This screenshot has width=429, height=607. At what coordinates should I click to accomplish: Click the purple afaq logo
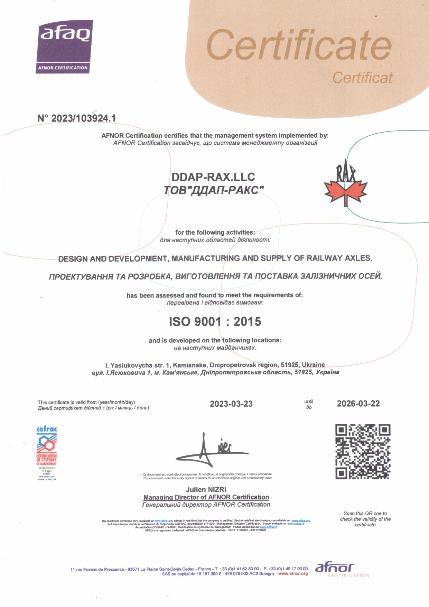coord(65,46)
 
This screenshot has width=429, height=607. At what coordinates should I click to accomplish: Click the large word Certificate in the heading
coord(299,45)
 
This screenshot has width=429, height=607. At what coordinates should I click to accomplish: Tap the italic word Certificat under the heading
coord(362,78)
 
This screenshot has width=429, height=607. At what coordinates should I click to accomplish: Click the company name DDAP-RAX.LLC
coord(213,177)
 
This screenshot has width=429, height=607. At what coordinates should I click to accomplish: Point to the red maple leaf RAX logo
coord(345,187)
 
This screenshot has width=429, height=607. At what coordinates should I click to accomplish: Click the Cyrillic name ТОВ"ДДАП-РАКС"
coord(214,190)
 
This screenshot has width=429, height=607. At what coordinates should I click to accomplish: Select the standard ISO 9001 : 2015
coord(215,321)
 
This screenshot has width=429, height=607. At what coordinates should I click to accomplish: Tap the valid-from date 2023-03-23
coord(231,404)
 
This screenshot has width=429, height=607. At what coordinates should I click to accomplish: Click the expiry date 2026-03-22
coord(358,404)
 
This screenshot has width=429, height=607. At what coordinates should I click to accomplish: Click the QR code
coord(363,451)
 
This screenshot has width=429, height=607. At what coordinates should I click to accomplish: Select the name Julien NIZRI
coord(206,490)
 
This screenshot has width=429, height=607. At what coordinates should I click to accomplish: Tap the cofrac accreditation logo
coord(47,453)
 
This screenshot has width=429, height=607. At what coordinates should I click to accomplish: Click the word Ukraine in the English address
coord(313,365)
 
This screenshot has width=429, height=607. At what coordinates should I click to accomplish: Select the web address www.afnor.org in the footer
coord(293,573)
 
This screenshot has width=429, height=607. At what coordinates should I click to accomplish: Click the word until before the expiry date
coord(309,401)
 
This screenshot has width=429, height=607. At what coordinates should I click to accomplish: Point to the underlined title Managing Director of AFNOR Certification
coord(206,497)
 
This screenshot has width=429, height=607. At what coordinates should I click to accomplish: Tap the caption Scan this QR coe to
coord(365,513)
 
